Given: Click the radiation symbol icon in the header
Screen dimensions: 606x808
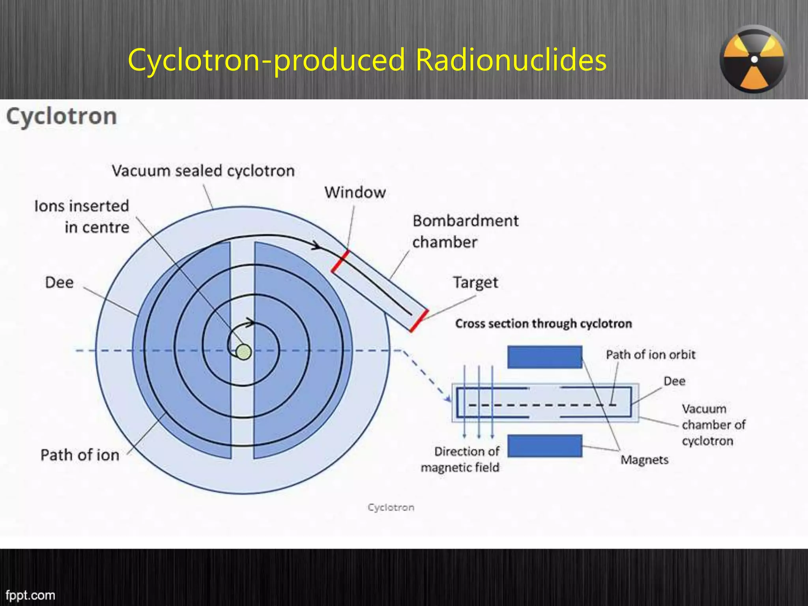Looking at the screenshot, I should click(753, 59).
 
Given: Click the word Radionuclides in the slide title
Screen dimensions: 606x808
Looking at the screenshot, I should click(511, 60).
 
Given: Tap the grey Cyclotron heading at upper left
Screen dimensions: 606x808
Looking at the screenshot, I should click(62, 116).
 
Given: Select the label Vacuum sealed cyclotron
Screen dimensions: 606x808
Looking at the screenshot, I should click(203, 171).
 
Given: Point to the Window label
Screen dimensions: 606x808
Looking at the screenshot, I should click(355, 193).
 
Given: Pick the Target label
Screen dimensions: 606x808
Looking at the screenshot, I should click(475, 282).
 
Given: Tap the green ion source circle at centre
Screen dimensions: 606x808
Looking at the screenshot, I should click(243, 352).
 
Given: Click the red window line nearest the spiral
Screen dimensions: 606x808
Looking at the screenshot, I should click(340, 261).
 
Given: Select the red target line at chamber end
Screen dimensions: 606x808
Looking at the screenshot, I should click(419, 320).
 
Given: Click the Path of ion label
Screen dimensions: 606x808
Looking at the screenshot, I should click(80, 455).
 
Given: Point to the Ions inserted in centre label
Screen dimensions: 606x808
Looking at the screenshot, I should click(82, 217).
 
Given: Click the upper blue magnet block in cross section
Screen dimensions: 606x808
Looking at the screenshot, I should click(544, 357).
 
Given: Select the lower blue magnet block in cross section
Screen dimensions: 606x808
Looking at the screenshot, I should click(544, 446).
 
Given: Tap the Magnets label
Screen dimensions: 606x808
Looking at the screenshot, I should click(644, 460).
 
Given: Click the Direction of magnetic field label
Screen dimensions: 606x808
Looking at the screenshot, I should click(460, 459).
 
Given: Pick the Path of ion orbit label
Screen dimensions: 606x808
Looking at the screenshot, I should click(650, 355).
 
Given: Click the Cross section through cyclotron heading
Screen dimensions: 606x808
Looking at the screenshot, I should click(543, 324).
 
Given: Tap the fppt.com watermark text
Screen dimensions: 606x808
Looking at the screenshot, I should click(30, 595).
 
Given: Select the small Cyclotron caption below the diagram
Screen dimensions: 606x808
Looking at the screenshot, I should click(391, 507).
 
